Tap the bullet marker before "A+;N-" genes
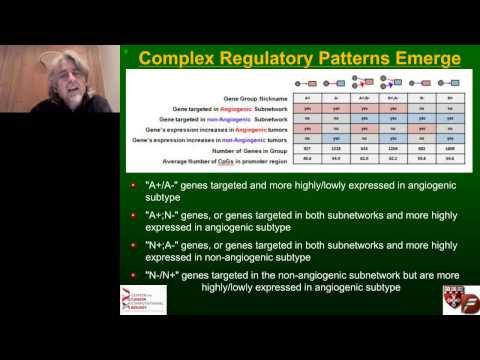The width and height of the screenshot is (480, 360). [x=137, y=216]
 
